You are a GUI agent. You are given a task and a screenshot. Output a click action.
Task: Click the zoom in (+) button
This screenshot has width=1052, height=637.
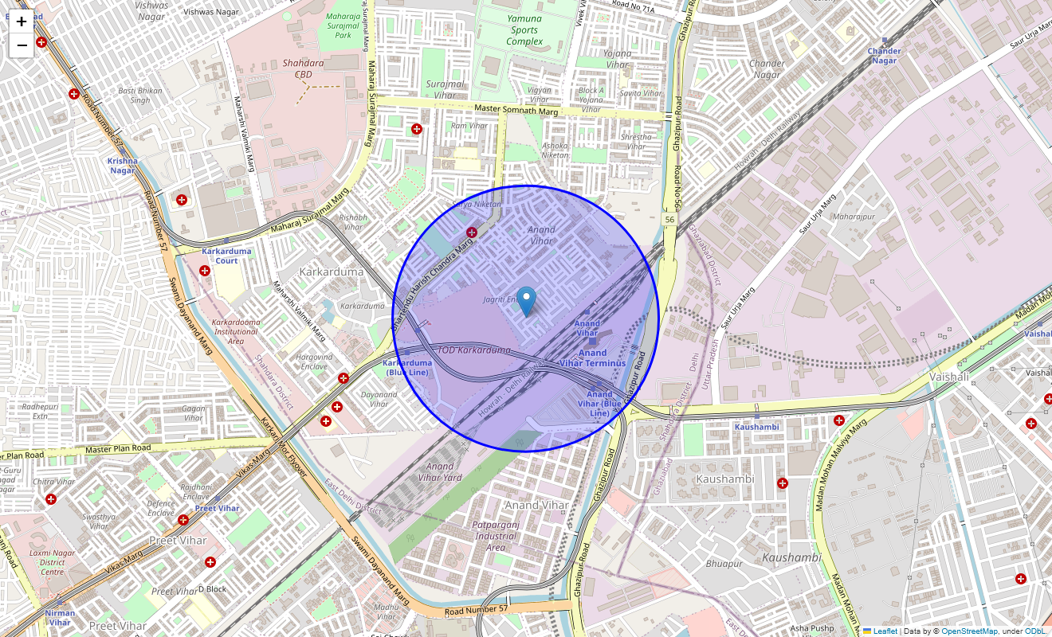coord(22,21)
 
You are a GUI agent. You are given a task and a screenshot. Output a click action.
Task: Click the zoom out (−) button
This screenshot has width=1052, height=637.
coord(22,45)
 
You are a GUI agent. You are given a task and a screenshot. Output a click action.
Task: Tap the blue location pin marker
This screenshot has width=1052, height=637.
coord(527,302)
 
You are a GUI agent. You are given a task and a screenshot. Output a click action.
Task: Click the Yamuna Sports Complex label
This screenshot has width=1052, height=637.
coord(524,29)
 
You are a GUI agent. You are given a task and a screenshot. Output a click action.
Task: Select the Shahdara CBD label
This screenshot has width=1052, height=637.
coord(302,63)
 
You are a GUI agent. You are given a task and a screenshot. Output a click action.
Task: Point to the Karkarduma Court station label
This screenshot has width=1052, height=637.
coord(226,256)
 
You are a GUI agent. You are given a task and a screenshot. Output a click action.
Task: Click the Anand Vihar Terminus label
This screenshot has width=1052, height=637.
coord(592,358)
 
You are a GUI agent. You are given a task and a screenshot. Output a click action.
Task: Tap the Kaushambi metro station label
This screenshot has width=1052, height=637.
coord(756,427)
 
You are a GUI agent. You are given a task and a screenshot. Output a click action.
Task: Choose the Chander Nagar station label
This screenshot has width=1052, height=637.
coord(884,56)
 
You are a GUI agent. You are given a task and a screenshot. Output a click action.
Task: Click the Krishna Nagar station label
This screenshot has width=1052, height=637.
coord(123,166)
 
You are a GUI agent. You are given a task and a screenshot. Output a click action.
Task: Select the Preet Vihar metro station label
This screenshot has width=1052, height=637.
coord(217,508)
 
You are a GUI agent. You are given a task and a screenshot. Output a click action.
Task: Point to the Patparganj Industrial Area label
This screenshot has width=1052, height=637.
coord(495,536)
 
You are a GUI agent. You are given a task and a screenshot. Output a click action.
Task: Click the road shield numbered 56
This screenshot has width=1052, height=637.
coord(670,218)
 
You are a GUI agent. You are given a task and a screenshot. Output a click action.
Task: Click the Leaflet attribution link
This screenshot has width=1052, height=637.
coord(885,631)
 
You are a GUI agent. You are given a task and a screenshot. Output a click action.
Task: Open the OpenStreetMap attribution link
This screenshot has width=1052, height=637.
coord(969,631)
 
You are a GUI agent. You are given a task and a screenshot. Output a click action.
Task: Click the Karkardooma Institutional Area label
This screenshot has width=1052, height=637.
coord(235,332)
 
